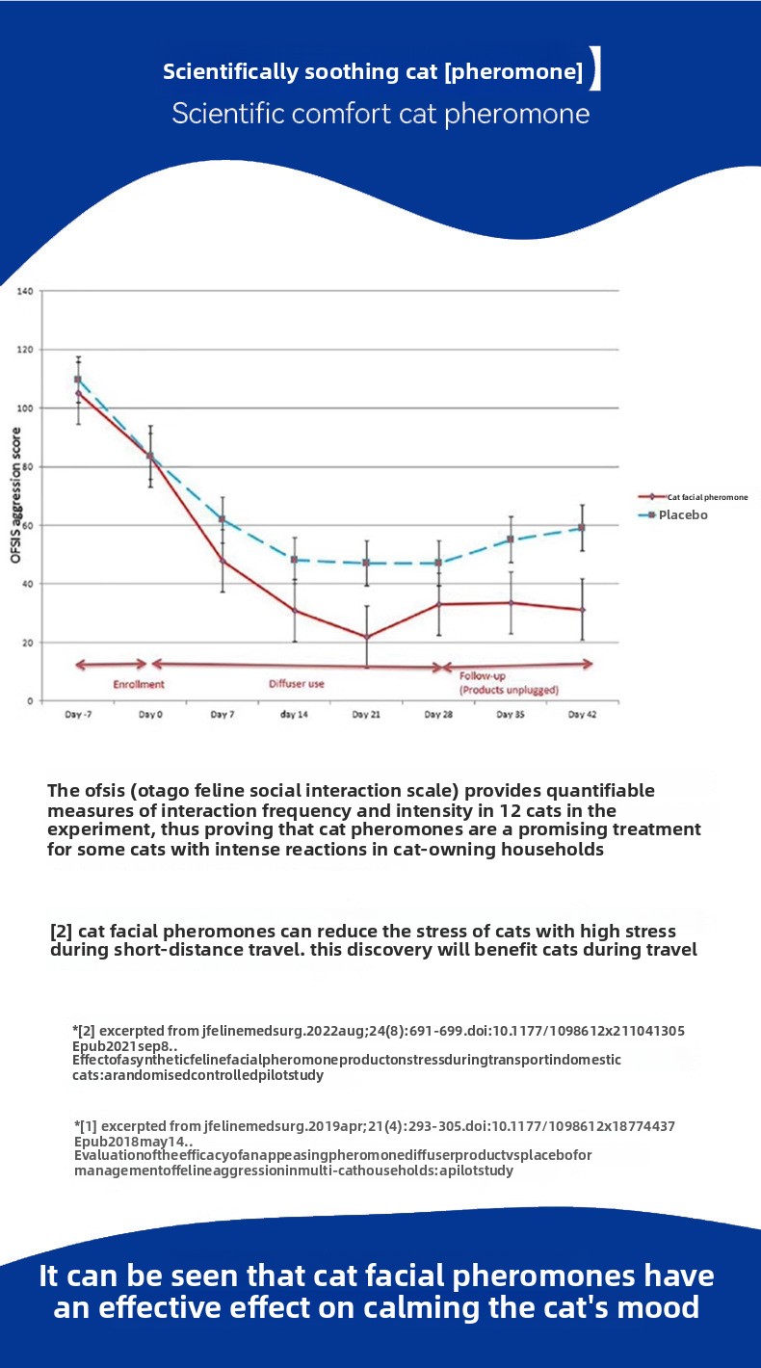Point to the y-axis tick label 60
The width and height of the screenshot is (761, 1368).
point(27,525)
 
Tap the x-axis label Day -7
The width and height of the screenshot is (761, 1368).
point(78,715)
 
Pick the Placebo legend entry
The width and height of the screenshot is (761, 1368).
point(683,515)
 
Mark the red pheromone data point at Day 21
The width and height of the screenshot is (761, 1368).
point(366,637)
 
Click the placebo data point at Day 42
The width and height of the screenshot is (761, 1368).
point(582,528)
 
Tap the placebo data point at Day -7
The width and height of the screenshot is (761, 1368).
point(78,380)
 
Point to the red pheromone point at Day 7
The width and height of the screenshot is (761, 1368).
point(223,560)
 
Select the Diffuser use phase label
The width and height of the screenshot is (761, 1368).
point(296,684)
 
